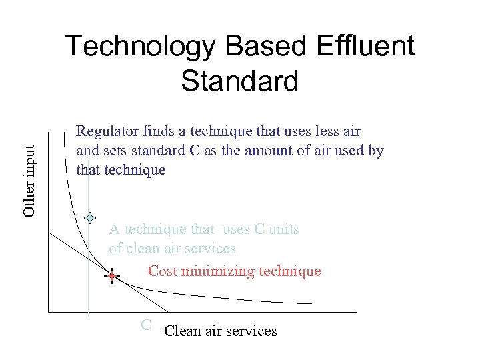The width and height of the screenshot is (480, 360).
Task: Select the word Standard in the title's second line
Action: (x=239, y=81)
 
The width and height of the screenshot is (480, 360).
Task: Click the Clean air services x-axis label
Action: (x=220, y=331)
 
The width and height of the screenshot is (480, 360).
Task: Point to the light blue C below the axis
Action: (x=146, y=325)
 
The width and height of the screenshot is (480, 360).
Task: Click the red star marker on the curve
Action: (x=112, y=276)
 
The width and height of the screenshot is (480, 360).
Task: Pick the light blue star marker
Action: (x=91, y=217)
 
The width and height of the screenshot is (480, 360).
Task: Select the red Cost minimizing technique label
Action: (x=234, y=271)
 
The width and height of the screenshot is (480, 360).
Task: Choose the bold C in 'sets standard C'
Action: (x=194, y=151)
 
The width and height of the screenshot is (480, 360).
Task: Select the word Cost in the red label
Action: (x=162, y=271)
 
